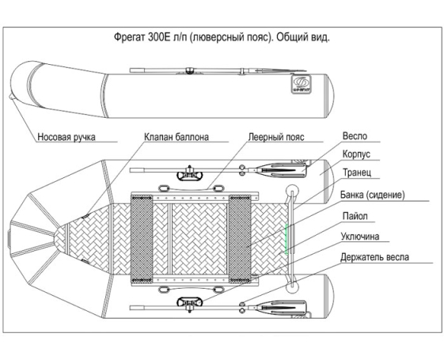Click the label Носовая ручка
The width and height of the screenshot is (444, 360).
(66, 137)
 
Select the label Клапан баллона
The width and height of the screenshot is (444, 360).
(176, 137)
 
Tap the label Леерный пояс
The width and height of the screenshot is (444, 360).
(276, 137)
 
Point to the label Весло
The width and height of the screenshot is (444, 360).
(355, 136)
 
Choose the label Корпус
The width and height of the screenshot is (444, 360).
(356, 154)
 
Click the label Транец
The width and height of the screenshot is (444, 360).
(357, 172)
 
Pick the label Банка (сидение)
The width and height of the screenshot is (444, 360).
(372, 195)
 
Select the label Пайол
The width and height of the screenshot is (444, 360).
(355, 216)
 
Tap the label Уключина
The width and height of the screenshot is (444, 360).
(360, 237)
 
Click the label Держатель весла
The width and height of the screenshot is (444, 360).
(374, 257)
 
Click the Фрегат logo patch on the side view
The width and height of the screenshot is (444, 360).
(302, 85)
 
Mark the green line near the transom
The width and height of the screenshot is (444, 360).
(287, 239)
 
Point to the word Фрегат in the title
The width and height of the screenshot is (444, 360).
(130, 37)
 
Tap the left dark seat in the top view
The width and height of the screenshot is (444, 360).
(142, 239)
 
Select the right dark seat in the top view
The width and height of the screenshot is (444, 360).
(240, 239)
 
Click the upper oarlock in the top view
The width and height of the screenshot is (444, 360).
(190, 174)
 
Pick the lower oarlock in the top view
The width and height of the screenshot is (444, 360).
(190, 303)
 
